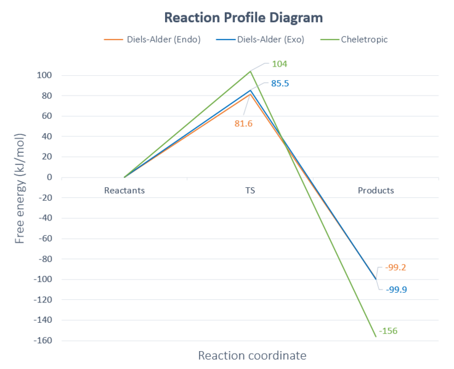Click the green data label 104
click(280, 63)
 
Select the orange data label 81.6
click(244, 123)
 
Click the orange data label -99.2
click(395, 267)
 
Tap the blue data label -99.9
click(396, 289)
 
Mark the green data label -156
click(388, 331)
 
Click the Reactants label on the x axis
click(124, 190)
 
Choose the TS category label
click(250, 190)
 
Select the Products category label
click(376, 190)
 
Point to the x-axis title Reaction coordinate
click(252, 355)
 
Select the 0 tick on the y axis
click(49, 177)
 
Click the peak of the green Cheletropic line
click(250, 71)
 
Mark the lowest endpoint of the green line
click(376, 336)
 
